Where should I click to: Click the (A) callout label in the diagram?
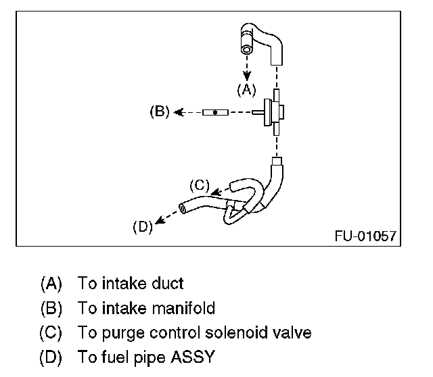tap(246, 89)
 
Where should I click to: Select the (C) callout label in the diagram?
tap(200, 184)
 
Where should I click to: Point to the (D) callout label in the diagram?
tap(142, 226)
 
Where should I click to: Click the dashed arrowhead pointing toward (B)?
tap(178, 112)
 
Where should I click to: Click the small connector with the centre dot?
tap(214, 112)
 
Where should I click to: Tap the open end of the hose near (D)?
tap(183, 209)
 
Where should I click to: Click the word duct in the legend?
tap(169, 284)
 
